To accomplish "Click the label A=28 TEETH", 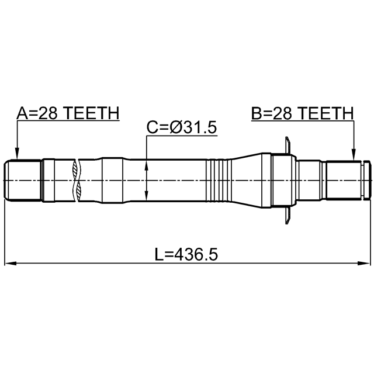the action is coord(68,113).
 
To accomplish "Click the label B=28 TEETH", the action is coord(303,113).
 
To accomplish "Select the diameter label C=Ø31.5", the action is coord(182,127).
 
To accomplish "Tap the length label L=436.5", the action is coord(186,254).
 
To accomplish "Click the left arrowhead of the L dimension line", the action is coord(11,264).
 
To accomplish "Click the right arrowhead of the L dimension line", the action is coord(364,264).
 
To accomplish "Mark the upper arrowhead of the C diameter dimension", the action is coord(147,165).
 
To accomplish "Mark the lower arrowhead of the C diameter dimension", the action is coord(147,196).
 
